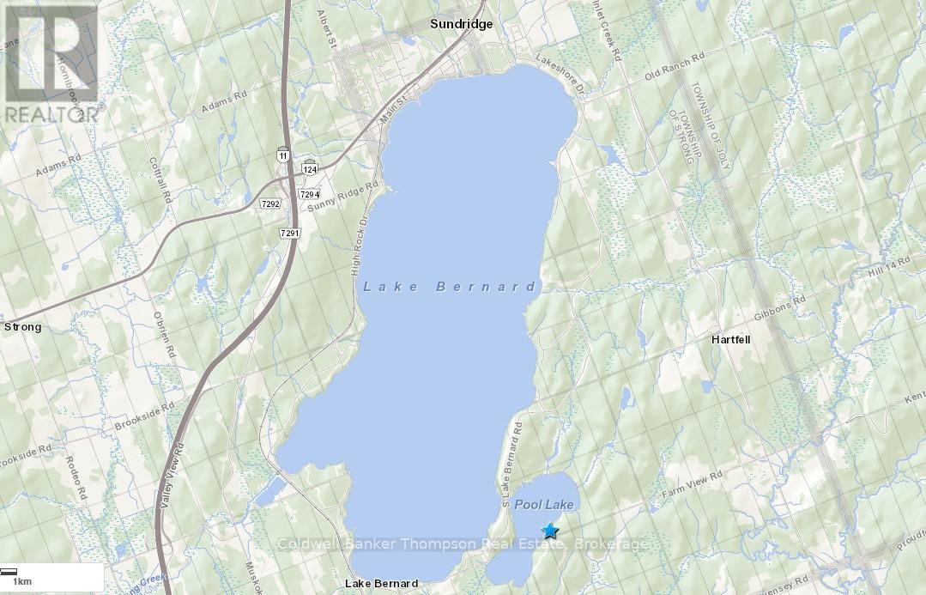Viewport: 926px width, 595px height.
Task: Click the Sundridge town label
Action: tap(461, 24)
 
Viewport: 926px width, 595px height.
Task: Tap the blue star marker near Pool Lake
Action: tap(549, 531)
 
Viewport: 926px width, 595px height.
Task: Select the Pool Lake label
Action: tap(544, 505)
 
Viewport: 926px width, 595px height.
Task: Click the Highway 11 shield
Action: tap(283, 155)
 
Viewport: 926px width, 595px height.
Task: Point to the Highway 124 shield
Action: tap(309, 167)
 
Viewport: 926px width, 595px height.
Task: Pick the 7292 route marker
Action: tap(271, 203)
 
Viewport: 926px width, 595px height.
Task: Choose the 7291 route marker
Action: tap(289, 233)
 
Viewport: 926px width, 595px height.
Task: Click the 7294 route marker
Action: tap(310, 194)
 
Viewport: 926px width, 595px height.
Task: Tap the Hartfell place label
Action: tap(730, 339)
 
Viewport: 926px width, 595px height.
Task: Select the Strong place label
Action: tap(22, 327)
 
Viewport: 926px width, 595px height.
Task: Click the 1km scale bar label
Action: tap(21, 581)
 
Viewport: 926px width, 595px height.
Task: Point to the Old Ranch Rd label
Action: tap(674, 67)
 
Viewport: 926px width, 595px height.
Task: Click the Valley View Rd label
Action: tap(179, 467)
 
